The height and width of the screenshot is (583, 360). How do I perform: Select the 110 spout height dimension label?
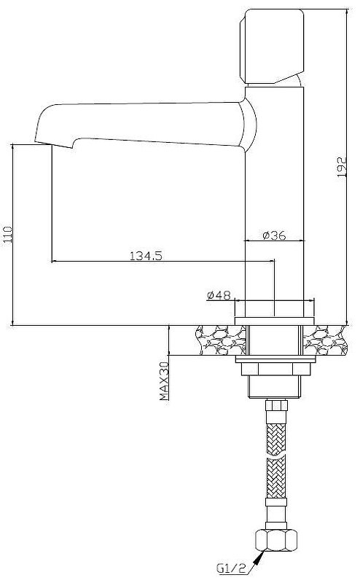pyautogui.click(x=7, y=235)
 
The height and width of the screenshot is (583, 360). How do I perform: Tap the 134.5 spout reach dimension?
pyautogui.click(x=146, y=256)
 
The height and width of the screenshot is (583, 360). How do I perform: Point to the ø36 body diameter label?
pyautogui.click(x=274, y=235)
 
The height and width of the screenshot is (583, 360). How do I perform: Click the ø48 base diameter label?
pyautogui.click(x=219, y=295)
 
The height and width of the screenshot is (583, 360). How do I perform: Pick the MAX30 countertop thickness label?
pyautogui.click(x=164, y=381)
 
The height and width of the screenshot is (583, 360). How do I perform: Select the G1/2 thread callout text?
pyautogui.click(x=231, y=568)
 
